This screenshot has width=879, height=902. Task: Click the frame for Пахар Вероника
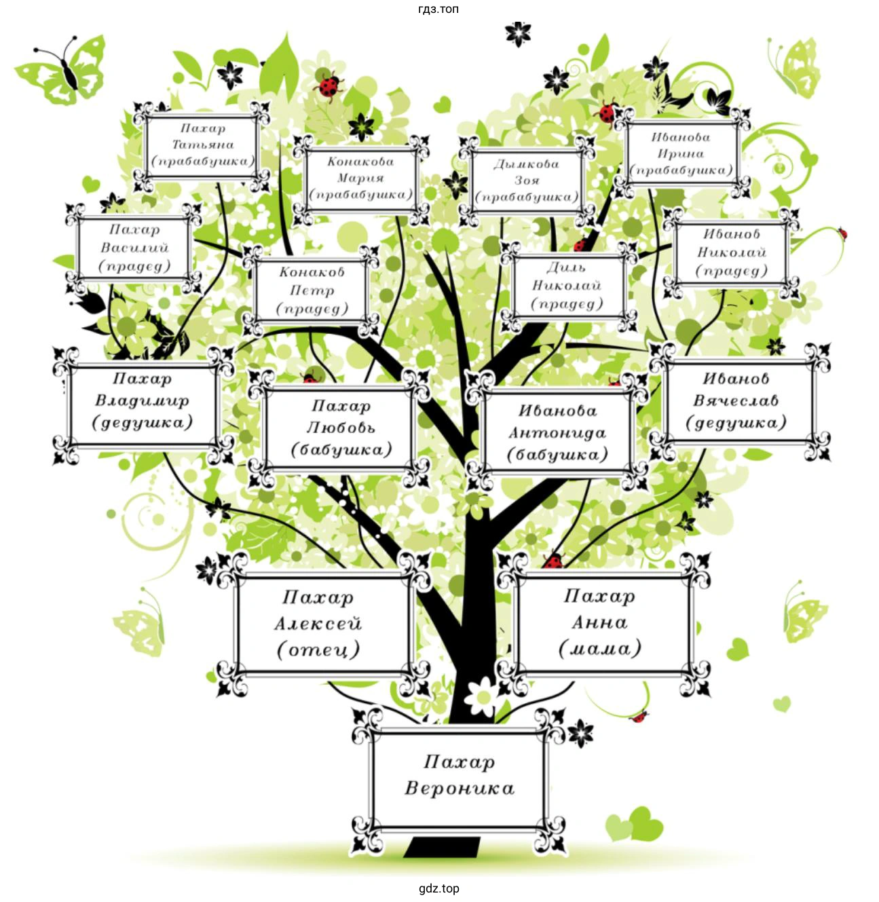pos(459,776)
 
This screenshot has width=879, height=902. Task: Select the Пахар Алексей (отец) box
pos(318,624)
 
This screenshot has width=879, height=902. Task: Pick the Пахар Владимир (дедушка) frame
pos(143,401)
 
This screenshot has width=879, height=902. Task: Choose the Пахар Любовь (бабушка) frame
pos(341,428)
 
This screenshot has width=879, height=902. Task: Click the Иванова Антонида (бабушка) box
pos(557,433)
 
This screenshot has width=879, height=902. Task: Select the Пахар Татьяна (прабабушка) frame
pos(202,145)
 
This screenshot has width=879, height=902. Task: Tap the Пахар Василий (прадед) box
pos(134,248)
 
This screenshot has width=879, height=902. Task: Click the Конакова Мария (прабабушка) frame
pos(360,178)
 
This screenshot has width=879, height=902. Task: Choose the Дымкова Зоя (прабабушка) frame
pos(527,181)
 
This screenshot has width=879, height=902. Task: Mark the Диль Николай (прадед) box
pos(567,286)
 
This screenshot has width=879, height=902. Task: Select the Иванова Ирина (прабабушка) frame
pos(681,154)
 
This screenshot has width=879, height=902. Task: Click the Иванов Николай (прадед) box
pos(731,252)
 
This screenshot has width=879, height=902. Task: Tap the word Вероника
pos(460,789)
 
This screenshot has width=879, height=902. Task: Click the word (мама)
pos(600,650)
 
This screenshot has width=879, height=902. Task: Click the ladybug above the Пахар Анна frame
pos(554,560)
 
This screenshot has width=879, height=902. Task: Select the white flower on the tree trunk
pos(484,692)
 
